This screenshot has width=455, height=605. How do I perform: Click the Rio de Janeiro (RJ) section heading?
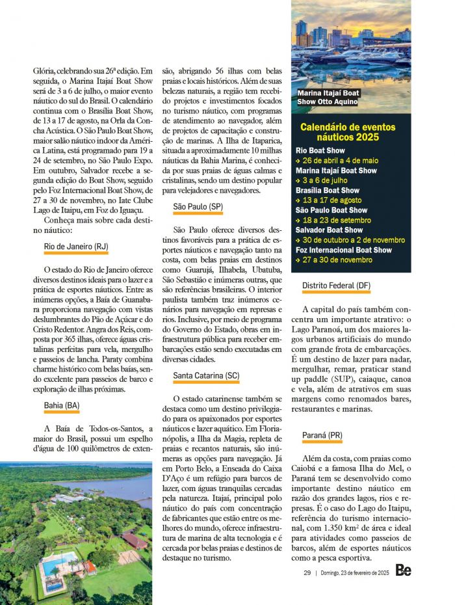tap(76, 247)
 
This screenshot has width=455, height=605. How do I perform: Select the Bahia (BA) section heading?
tap(62, 405)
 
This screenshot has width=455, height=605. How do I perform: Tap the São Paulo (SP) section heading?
tap(198, 207)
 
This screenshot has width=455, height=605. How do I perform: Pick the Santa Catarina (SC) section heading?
tap(206, 376)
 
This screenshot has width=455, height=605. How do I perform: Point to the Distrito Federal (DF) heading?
tap(336, 286)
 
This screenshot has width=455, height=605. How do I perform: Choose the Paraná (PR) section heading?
tap(322, 435)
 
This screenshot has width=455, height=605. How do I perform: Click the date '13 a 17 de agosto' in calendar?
tap(335, 200)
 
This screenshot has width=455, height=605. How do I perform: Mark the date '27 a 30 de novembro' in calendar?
tap(337, 260)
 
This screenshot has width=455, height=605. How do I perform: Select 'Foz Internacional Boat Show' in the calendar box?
tap(344, 250)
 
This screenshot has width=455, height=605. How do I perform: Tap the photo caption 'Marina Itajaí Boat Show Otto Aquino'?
tap(328, 97)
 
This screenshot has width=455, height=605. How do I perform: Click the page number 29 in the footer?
tap(307, 572)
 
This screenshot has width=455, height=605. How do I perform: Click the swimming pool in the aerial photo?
tap(60, 562)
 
